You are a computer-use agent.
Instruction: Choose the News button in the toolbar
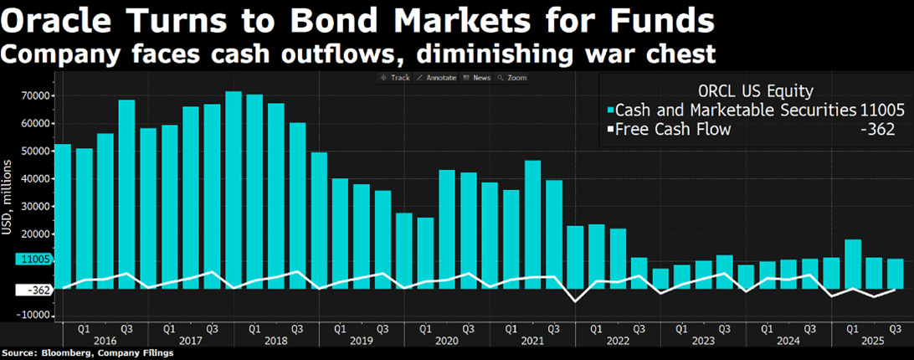(x=478, y=78)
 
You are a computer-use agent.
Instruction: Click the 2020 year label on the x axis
(x=446, y=341)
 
